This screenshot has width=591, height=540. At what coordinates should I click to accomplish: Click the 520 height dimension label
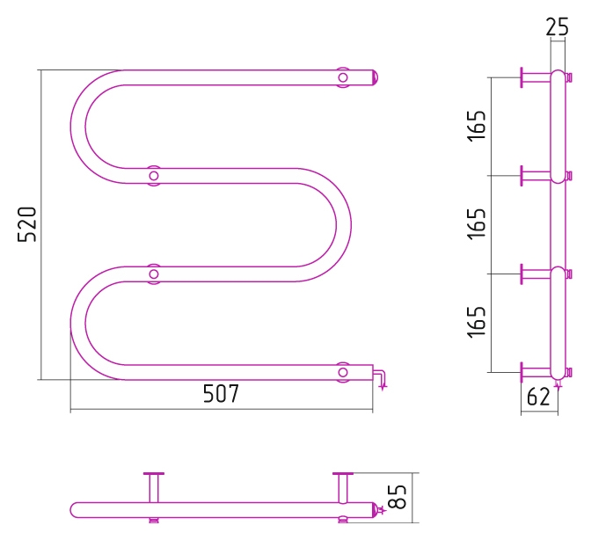(x=27, y=224)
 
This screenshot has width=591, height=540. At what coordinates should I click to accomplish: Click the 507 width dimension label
(x=221, y=393)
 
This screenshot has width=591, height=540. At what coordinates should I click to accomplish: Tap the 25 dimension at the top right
(x=557, y=27)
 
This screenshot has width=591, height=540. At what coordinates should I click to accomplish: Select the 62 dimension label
(x=538, y=397)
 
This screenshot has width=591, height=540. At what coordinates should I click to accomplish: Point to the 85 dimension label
(x=398, y=497)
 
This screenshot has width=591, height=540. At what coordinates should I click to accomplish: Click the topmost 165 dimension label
(x=477, y=126)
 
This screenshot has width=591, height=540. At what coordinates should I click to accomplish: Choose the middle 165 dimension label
(x=477, y=223)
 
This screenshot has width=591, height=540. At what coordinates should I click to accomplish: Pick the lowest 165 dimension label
(x=477, y=322)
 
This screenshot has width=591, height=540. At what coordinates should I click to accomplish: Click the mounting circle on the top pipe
(x=343, y=77)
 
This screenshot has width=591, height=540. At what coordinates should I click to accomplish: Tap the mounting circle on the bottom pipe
(x=343, y=372)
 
